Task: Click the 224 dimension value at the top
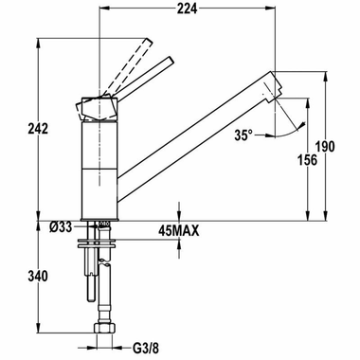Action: tap(215, 12)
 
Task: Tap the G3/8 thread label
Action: tap(143, 347)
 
